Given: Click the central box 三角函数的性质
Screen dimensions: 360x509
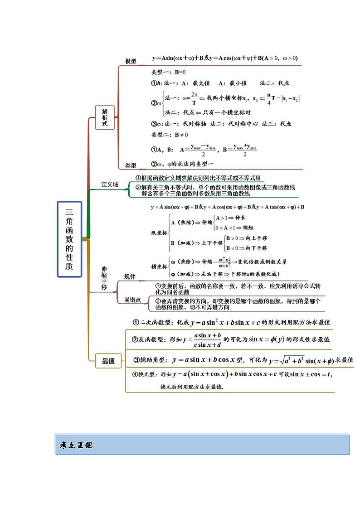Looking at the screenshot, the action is pyautogui.click(x=69, y=239).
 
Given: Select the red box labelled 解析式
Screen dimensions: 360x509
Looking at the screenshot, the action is pyautogui.click(x=105, y=117).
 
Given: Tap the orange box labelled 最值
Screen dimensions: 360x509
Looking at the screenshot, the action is pyautogui.click(x=108, y=361).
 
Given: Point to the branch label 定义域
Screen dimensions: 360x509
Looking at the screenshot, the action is pyautogui.click(x=110, y=184).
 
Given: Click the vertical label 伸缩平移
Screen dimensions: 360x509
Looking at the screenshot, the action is pyautogui.click(x=104, y=278).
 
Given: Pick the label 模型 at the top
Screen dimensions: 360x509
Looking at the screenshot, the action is pyautogui.click(x=131, y=61).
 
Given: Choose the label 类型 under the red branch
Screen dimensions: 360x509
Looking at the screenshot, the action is pyautogui.click(x=131, y=165).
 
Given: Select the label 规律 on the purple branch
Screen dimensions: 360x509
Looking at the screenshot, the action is pyautogui.click(x=130, y=276).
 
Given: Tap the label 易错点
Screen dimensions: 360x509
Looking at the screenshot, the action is pyautogui.click(x=132, y=300).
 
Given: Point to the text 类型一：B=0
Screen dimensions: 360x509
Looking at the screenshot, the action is pyautogui.click(x=168, y=72).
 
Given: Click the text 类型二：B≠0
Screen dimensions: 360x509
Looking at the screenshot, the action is pyautogui.click(x=170, y=135).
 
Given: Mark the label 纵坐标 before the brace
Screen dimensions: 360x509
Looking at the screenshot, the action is pyautogui.click(x=159, y=233).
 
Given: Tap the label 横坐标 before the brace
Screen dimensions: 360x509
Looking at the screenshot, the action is pyautogui.click(x=159, y=267).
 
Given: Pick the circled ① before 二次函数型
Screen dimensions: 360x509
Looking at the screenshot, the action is pyautogui.click(x=136, y=322).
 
